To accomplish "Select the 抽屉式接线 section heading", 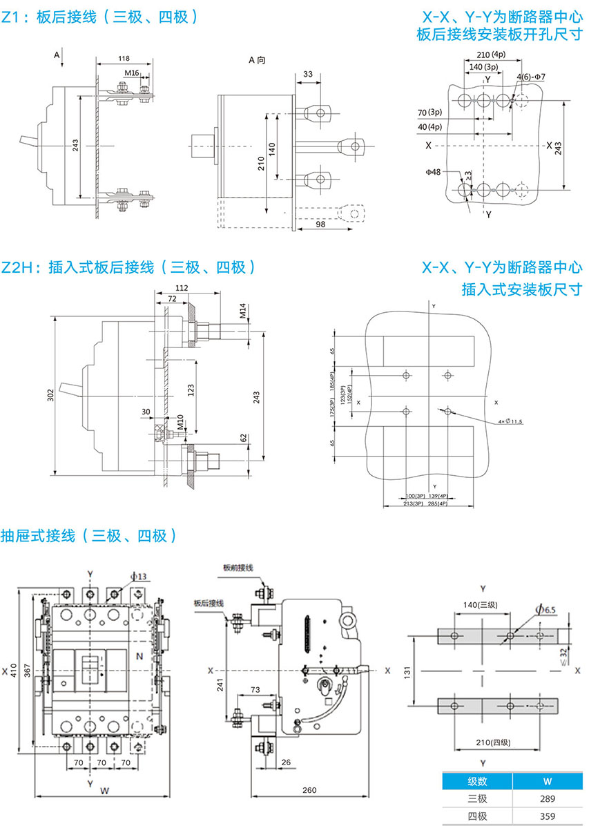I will tap(89, 535).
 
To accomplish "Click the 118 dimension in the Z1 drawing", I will tap(125, 59).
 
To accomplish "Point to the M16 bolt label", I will tap(132, 73).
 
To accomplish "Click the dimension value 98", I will tap(320, 224).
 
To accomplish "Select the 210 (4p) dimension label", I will tap(491, 55).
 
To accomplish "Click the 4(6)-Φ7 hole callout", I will tap(531, 75).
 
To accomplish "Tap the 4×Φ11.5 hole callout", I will tap(510, 421).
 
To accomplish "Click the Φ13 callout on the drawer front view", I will tap(137, 576).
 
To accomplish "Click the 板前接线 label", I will tap(238, 568).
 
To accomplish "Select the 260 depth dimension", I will tap(309, 790).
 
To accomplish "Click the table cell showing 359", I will tap(547, 816).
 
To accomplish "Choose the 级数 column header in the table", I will tap(477, 782).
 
